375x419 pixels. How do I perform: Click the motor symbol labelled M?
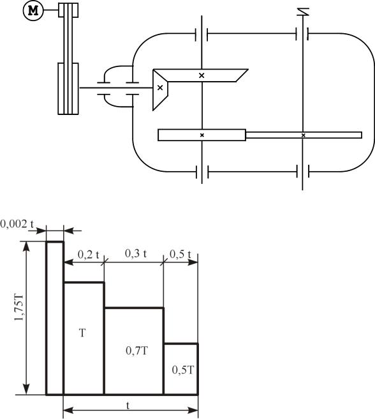pyautogui.click(x=33, y=10)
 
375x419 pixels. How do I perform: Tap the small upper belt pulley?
pyautogui.click(x=68, y=10)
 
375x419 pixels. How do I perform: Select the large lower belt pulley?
pyautogui.click(x=68, y=89)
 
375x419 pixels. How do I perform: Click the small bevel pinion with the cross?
pyautogui.click(x=160, y=90)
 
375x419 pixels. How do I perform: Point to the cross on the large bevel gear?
pyautogui.click(x=202, y=75)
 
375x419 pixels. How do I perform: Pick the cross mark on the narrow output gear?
pyautogui.click(x=303, y=135)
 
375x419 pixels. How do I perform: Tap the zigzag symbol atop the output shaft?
pyautogui.click(x=303, y=12)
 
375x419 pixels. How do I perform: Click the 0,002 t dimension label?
pyautogui.click(x=17, y=224)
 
